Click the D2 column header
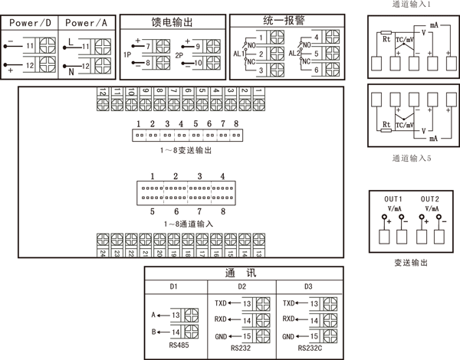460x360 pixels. click(242, 286)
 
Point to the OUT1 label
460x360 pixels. click(393, 198)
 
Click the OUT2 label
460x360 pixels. click(429, 198)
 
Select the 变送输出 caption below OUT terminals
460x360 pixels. click(411, 261)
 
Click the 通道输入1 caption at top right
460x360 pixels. click(412, 5)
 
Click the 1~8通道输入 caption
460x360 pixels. click(188, 224)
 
